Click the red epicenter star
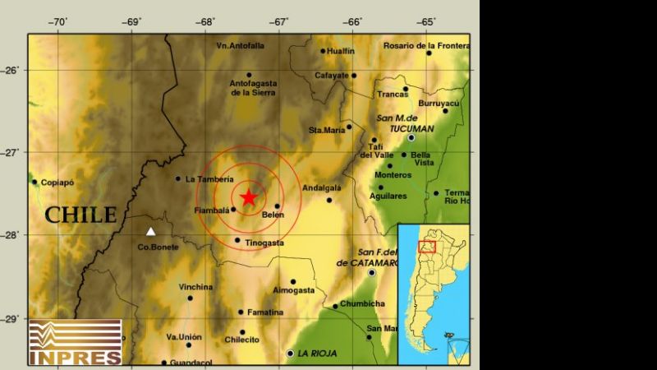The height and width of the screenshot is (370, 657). click(249, 197)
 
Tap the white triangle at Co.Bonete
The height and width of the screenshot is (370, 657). click(150, 232)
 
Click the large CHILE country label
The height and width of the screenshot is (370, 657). click(80, 215)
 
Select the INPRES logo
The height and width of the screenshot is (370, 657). click(75, 342)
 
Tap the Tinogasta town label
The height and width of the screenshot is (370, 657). click(264, 242)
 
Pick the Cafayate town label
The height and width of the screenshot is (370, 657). click(333, 76)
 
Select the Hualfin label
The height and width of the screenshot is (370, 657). click(341, 51)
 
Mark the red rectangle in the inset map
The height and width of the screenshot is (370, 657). click(427, 247)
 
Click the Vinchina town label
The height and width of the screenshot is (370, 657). click(195, 287)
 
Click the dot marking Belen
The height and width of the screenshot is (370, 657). click(278, 206)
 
